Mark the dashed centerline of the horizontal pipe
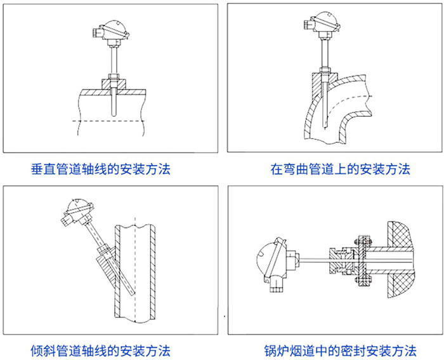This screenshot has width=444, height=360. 111,120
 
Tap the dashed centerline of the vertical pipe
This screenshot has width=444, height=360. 134,267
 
